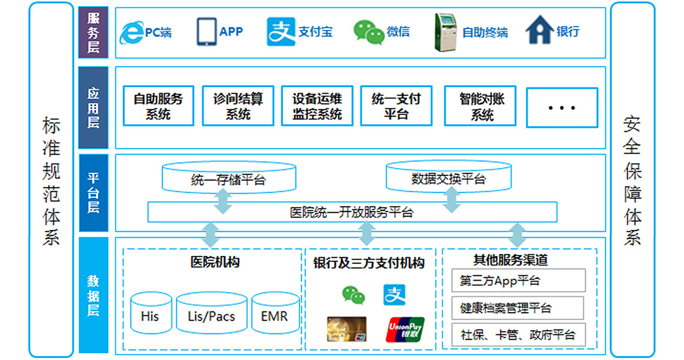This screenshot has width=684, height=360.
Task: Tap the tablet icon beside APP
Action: tap(206, 32)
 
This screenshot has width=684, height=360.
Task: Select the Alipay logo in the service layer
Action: tap(280, 32)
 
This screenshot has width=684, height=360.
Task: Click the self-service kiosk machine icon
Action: tap(445, 32)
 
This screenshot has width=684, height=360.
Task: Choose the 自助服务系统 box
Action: tap(158, 106)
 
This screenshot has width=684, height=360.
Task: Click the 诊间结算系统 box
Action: tap(238, 106)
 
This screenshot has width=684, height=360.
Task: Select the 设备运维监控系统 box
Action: tap(317, 106)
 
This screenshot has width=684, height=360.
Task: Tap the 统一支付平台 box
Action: tap(396, 106)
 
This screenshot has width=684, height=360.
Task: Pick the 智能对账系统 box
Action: tap(480, 106)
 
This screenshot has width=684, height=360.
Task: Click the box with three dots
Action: tap(562, 108)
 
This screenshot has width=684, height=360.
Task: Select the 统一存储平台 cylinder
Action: tap(229, 177)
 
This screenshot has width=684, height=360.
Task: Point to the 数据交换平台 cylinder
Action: tap(449, 176)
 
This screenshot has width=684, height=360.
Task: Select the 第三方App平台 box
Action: tap(518, 281)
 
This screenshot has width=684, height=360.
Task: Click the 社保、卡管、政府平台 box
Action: tap(518, 334)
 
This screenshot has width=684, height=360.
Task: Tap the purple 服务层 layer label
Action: tap(93, 32)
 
